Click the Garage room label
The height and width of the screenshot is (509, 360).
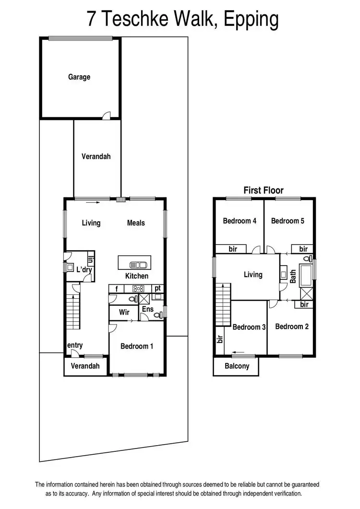79,77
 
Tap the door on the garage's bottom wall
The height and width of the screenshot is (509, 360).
108,115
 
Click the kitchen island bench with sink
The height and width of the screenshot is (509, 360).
134,263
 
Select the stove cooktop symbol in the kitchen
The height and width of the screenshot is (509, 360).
139,289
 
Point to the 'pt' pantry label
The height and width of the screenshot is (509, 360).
157,288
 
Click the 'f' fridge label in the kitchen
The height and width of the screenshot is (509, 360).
117,289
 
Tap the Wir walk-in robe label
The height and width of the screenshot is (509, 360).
124,312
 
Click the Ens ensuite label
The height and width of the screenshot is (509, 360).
148,309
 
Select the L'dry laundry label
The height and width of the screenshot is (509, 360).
84,270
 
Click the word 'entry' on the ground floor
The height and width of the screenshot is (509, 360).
75,345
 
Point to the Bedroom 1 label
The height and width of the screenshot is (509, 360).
137,346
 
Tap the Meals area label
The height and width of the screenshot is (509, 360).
136,223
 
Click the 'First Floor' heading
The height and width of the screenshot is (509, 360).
264,190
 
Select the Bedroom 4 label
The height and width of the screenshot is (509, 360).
240,221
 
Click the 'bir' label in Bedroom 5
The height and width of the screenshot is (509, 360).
303,249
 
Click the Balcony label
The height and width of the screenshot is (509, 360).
237,366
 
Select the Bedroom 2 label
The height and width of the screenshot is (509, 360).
291,327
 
